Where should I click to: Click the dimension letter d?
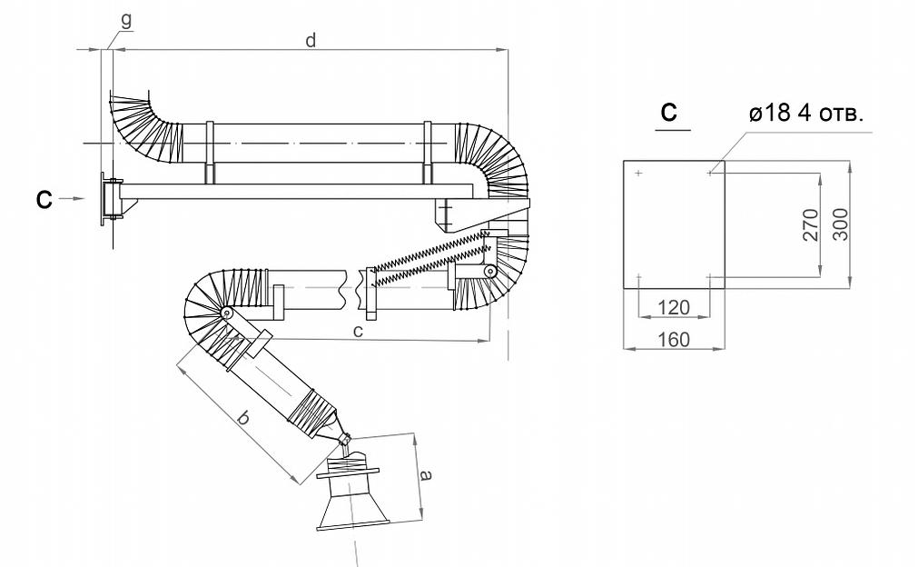[311, 42]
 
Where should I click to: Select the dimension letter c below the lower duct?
[358, 332]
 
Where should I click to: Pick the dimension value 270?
[811, 224]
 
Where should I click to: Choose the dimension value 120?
[674, 307]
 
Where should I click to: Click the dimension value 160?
[673, 339]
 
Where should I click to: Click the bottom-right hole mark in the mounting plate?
[709, 276]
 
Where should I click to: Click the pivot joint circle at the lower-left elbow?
[224, 313]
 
